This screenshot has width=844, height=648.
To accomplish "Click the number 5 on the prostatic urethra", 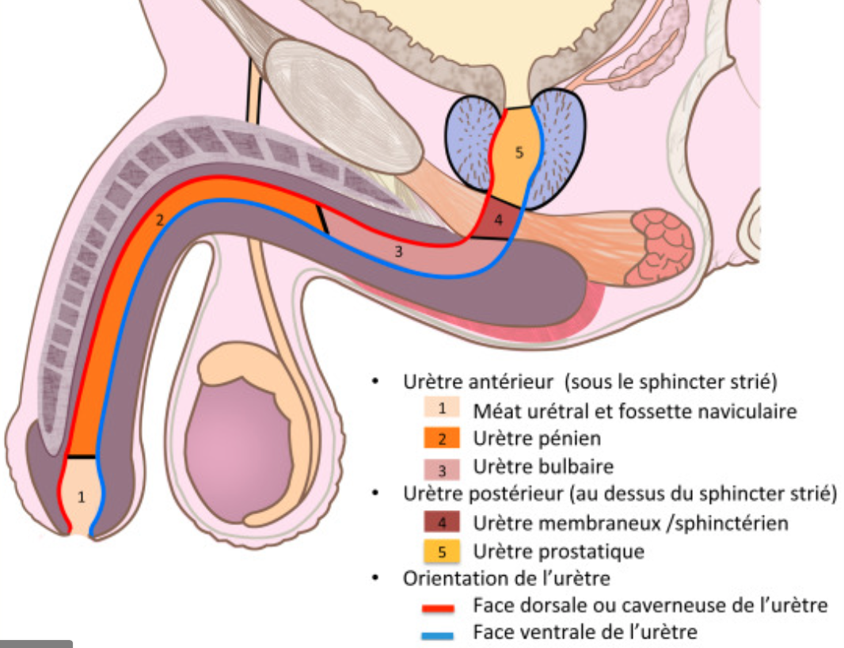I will (519, 153).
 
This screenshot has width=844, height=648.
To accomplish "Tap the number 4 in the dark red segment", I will (498, 219).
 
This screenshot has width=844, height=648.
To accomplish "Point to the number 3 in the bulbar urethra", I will (399, 253).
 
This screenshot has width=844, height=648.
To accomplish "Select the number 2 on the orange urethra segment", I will (159, 221).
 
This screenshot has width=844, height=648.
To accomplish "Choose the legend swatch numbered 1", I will (443, 410).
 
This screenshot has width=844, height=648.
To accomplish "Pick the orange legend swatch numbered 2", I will (443, 438).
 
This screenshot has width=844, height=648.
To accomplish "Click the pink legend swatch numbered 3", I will (443, 467).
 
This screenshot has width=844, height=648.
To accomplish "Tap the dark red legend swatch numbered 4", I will (443, 523).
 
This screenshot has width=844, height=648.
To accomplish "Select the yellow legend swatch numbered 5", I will (443, 551).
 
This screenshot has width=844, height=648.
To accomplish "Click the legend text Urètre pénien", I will (536, 438).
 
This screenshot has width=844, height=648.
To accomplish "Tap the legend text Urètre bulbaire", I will (542, 467).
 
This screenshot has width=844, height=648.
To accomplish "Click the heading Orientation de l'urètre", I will (506, 578).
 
